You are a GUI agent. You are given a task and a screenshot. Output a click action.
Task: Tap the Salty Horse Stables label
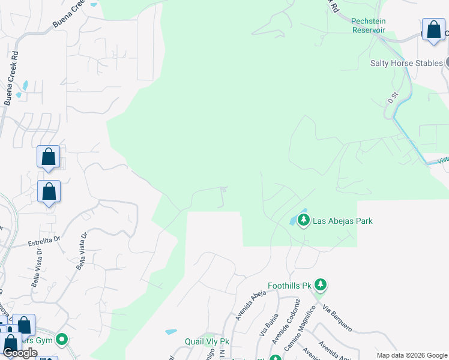[x=406, y=63]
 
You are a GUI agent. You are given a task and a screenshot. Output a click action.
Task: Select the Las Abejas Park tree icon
[x=304, y=221]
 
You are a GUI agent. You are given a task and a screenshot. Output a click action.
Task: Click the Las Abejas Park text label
[x=342, y=221]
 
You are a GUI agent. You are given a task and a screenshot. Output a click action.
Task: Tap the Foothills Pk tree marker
[x=321, y=286]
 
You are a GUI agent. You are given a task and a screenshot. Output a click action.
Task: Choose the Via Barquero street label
[x=337, y=319]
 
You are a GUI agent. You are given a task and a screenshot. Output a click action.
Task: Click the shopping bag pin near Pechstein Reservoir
[x=433, y=30]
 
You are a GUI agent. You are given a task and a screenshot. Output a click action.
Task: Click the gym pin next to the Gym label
[x=62, y=340]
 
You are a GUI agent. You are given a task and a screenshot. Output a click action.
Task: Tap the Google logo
[x=20, y=353]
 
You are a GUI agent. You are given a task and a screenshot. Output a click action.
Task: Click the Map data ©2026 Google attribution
[x=411, y=355]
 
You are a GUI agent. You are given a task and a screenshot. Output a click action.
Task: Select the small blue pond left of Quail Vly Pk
[x=170, y=331]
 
